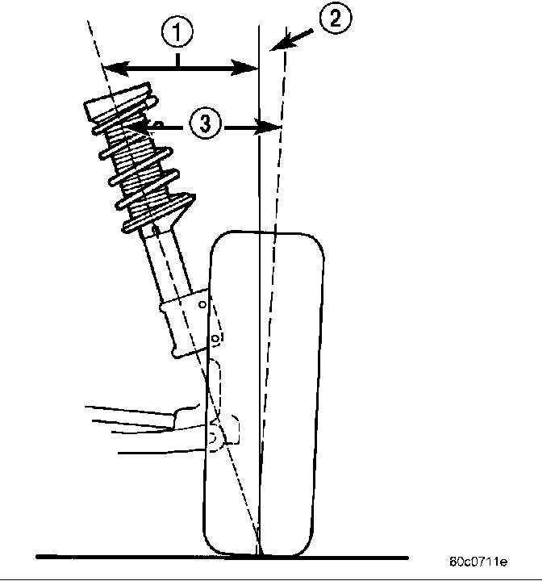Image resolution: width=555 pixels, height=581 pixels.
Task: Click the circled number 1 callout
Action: pyautogui.click(x=177, y=35)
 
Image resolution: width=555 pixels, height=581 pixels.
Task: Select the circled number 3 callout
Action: pyautogui.click(x=206, y=124)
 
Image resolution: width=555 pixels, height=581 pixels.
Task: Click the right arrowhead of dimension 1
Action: pyautogui.click(x=250, y=68)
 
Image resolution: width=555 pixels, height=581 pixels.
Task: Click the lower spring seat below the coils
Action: pyautogui.click(x=161, y=214)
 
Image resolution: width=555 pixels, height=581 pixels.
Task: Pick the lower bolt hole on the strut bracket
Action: pyautogui.click(x=214, y=339)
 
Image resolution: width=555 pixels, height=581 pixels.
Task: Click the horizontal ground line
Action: pyautogui.click(x=121, y=556)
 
